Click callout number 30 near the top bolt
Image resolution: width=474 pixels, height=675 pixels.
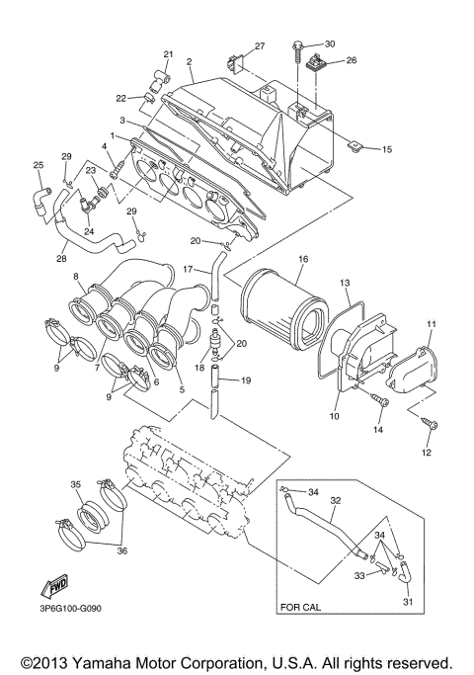[x=330, y=44]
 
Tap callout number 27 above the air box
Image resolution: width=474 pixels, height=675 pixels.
[x=260, y=46]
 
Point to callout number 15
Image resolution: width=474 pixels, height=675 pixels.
[x=386, y=149]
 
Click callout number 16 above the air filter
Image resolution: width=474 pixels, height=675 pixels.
[x=302, y=259]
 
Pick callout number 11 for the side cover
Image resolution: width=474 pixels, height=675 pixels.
[x=431, y=324]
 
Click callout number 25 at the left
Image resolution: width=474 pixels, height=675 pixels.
[x=39, y=165]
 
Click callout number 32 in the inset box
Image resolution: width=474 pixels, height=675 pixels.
[x=335, y=501]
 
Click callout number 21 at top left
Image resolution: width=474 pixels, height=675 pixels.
[x=168, y=53]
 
